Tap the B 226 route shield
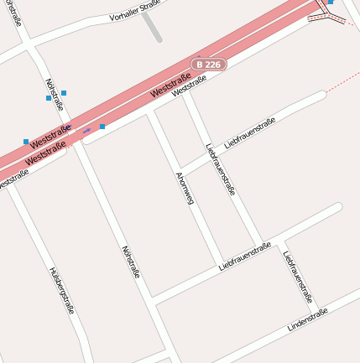point(208,65)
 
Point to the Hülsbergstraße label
point(62,290)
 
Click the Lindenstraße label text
point(307,319)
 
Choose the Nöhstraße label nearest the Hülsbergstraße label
point(131,262)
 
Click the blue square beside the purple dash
point(102,127)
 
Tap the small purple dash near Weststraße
point(86,131)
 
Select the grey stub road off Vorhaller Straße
point(151,26)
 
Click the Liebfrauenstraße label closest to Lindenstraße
point(299,277)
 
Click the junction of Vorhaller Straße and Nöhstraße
point(30,48)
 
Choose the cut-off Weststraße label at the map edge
point(13,179)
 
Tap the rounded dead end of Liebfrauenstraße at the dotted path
point(321,96)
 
